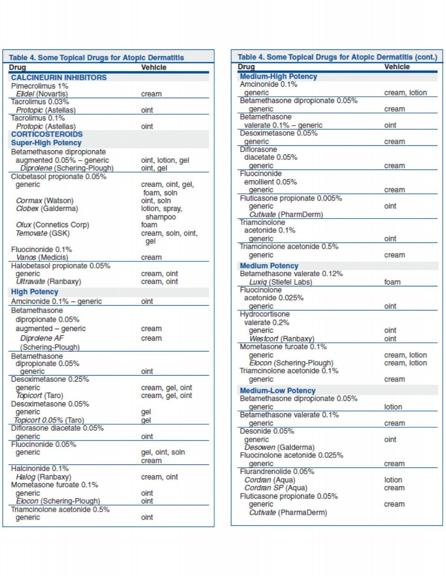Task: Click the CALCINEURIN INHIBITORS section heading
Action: pyautogui.click(x=59, y=77)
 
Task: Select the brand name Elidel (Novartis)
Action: pyautogui.click(x=42, y=94)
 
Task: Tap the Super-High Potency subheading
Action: pyautogui.click(x=46, y=143)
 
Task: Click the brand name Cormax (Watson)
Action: pyautogui.click(x=45, y=201)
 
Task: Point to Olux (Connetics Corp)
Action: pyautogui.click(x=52, y=225)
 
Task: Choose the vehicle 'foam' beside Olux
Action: pyautogui.click(x=149, y=225)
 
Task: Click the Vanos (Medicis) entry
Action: pyautogui.click(x=42, y=257)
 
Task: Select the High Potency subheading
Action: pyautogui.click(x=35, y=292)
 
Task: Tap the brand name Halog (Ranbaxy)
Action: pyautogui.click(x=43, y=477)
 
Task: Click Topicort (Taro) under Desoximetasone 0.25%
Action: pyautogui.click(x=39, y=396)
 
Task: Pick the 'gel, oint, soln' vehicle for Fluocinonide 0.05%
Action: pyautogui.click(x=163, y=453)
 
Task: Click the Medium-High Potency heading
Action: pyautogui.click(x=278, y=76)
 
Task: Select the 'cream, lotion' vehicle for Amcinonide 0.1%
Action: pyautogui.click(x=405, y=93)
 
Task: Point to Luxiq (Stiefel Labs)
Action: pyautogui.click(x=281, y=282)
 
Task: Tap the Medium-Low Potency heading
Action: pyautogui.click(x=277, y=390)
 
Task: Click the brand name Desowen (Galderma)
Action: pyautogui.click(x=279, y=447)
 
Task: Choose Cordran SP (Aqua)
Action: pyautogui.click(x=276, y=488)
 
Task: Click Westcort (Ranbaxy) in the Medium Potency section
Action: pyautogui.click(x=281, y=339)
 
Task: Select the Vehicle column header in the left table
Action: pyautogui.click(x=153, y=67)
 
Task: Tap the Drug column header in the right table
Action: pyautogui.click(x=246, y=67)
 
